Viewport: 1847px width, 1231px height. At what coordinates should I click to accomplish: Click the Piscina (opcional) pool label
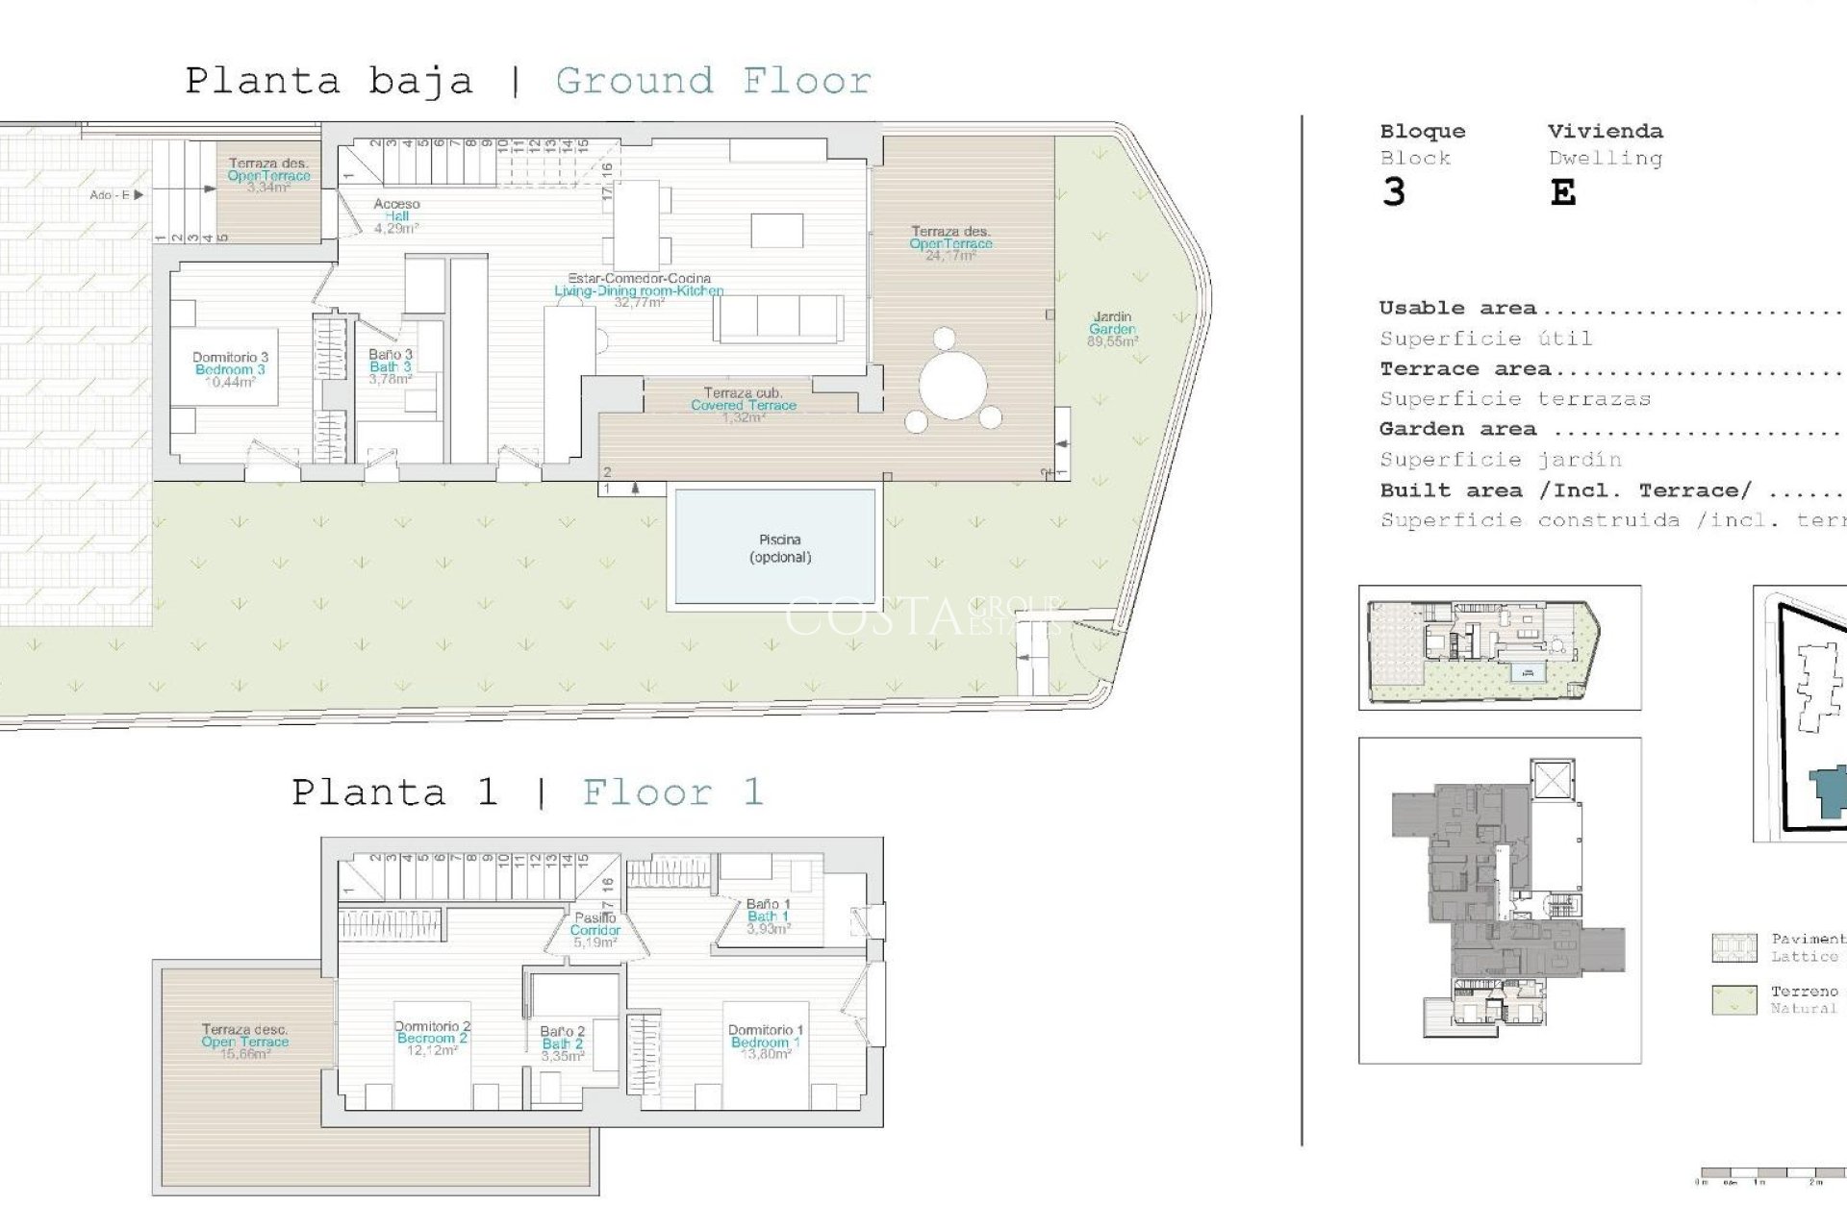[779, 548]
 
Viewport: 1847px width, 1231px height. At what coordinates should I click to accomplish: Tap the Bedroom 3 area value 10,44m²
[230, 382]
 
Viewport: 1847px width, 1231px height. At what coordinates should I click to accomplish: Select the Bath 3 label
[390, 366]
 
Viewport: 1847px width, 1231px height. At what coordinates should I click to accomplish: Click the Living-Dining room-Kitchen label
[639, 290]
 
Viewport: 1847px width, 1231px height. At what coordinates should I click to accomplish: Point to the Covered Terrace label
[743, 405]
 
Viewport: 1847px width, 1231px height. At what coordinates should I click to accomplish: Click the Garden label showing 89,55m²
[1112, 329]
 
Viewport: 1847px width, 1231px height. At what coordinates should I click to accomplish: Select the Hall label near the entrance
[396, 216]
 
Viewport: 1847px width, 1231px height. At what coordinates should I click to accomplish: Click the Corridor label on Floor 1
[595, 930]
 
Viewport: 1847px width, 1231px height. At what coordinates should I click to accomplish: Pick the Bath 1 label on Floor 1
[768, 917]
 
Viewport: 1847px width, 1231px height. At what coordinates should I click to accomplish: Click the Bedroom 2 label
[432, 1039]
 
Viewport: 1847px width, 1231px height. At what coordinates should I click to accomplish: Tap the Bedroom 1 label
[765, 1043]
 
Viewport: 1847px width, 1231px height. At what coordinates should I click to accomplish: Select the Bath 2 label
[562, 1043]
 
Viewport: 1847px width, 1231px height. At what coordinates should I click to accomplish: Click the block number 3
[1393, 192]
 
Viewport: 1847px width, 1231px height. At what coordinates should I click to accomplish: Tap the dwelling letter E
[1562, 193]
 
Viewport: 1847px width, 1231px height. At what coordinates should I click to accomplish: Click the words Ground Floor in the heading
[713, 81]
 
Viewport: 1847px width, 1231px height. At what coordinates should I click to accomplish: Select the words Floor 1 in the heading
[672, 792]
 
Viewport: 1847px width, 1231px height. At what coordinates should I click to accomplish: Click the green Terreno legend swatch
[1734, 999]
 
